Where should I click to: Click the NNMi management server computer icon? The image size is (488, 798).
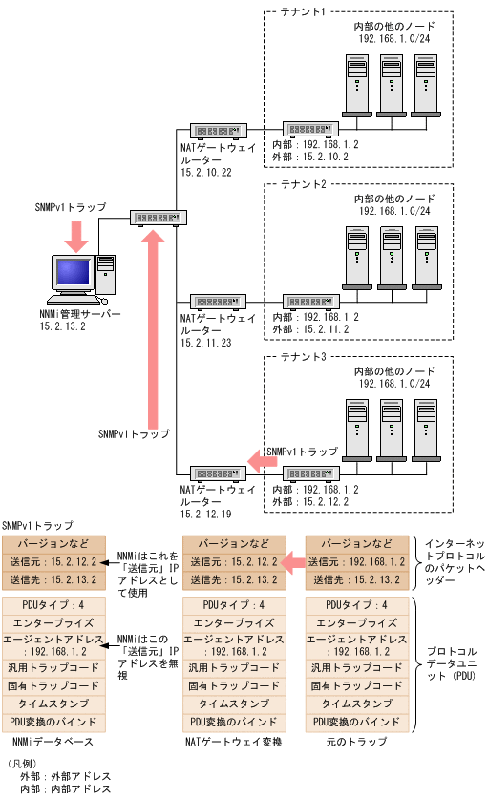[x=83, y=279]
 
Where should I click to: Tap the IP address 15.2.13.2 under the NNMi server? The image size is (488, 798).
[x=64, y=325]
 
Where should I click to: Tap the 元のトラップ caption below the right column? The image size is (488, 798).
[x=356, y=741]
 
